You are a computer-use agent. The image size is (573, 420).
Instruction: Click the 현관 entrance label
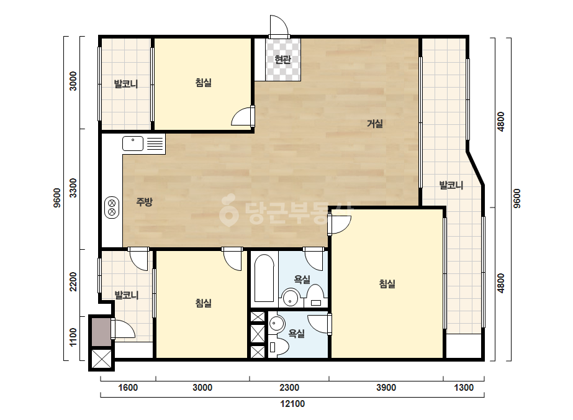click(282, 59)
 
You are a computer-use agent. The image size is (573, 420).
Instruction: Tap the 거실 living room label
click(375, 124)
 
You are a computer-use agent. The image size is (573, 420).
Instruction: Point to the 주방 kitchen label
click(145, 201)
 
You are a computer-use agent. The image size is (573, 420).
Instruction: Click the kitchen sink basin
click(133, 144)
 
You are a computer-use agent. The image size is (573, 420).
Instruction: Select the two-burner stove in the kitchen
click(112, 208)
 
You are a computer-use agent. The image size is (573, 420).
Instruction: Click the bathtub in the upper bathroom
click(264, 279)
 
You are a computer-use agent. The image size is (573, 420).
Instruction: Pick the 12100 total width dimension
click(292, 404)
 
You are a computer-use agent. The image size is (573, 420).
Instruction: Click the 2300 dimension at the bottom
click(289, 388)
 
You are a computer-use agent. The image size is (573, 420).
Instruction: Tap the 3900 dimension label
click(386, 388)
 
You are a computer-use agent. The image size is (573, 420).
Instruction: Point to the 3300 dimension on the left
click(73, 188)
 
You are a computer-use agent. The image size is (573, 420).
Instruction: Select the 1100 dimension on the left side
click(73, 337)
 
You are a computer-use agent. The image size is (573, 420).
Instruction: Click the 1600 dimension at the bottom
click(128, 388)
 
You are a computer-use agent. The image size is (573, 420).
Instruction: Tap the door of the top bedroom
click(243, 116)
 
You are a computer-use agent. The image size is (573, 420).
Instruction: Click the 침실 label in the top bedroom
click(204, 83)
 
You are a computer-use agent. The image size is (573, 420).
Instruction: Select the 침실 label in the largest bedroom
click(387, 283)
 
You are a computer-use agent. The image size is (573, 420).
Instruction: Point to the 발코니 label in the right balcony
click(451, 185)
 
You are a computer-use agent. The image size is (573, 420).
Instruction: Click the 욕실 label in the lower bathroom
click(296, 333)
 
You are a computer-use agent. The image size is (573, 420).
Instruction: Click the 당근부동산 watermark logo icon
click(228, 209)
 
